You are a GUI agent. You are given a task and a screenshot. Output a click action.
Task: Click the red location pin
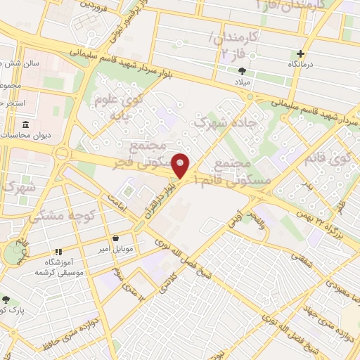click(x=181, y=165)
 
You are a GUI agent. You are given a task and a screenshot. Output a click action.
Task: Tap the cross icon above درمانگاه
click(x=301, y=53)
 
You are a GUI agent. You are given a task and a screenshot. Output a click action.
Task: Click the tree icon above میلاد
click(x=243, y=71)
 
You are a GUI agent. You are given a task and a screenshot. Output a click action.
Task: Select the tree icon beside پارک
click(x=6, y=300)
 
